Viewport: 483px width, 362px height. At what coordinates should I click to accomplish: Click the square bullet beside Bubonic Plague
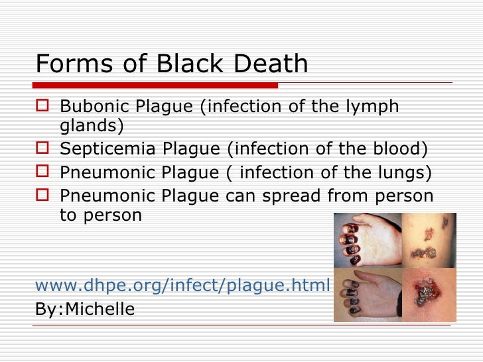click(x=44, y=106)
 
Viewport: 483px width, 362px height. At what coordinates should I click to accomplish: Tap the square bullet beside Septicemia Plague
click(x=44, y=150)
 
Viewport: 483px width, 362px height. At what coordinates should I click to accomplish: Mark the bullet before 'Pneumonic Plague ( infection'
click(x=44, y=172)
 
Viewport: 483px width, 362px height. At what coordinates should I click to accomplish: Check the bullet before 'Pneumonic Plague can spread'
click(x=44, y=196)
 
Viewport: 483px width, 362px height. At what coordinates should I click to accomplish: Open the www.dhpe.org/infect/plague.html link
click(x=182, y=285)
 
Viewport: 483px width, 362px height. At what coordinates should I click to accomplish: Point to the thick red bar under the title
click(x=157, y=86)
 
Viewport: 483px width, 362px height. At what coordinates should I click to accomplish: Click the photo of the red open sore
click(x=428, y=294)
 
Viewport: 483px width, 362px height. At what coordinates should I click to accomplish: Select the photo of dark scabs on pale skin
click(x=428, y=240)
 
